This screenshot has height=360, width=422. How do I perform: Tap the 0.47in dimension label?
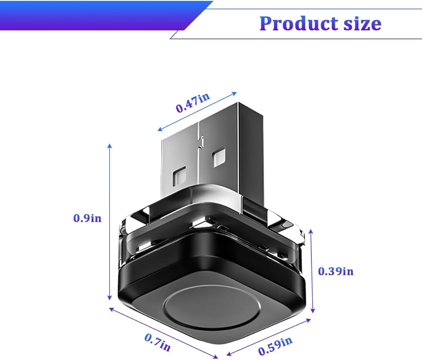pyautogui.click(x=193, y=103)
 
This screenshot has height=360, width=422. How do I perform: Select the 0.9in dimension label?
pyautogui.click(x=87, y=218)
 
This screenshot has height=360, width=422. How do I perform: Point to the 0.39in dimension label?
pyautogui.click(x=336, y=271)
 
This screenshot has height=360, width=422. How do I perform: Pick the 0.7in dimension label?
pyautogui.click(x=158, y=342)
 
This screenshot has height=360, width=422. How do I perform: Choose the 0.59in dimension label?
pyautogui.click(x=275, y=346)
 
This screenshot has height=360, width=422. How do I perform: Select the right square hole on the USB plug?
pyautogui.click(x=218, y=157)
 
